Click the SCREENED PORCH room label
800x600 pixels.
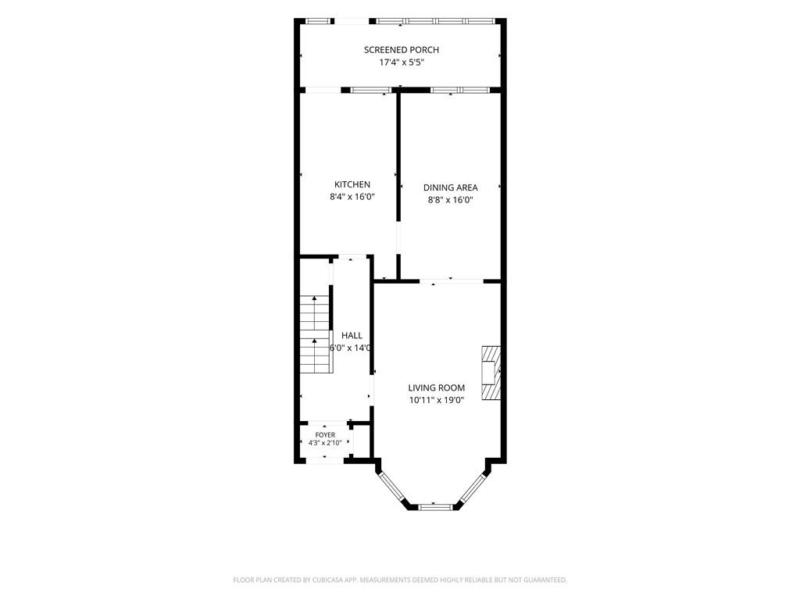[x=401, y=49]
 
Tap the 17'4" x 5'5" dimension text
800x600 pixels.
[x=402, y=62]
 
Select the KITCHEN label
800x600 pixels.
[x=352, y=184]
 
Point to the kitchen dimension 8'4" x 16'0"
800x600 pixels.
[x=352, y=197]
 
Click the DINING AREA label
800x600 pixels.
[x=451, y=187]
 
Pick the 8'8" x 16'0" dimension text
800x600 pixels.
[x=451, y=200]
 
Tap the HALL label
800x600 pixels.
[x=352, y=335]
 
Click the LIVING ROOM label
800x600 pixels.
[x=436, y=387]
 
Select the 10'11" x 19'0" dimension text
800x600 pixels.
[x=436, y=401]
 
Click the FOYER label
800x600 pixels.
[x=325, y=434]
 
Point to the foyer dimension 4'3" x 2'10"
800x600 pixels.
[x=325, y=443]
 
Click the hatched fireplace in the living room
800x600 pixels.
[x=491, y=373]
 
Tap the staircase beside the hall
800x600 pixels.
[x=315, y=334]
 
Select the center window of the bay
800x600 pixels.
[x=435, y=506]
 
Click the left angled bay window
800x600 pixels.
[x=392, y=487]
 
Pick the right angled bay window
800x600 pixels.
[x=473, y=487]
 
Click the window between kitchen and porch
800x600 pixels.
[x=370, y=91]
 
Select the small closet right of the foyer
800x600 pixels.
[x=361, y=441]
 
